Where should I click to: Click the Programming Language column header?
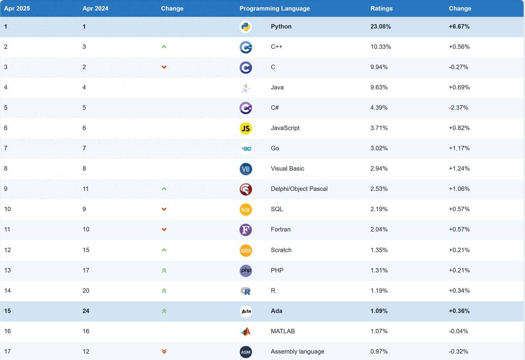point(274,8)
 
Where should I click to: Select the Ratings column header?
point(381,8)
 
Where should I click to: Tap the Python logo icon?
point(246,27)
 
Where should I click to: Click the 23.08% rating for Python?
point(381,26)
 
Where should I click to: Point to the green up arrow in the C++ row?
point(164,47)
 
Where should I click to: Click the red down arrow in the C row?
point(164,67)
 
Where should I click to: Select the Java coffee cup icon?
point(246,87)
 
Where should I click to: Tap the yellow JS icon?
point(246,128)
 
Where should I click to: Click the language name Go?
point(275,148)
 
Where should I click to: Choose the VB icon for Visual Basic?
point(246,169)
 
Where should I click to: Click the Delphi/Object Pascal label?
point(299,189)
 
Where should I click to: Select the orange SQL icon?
point(246,209)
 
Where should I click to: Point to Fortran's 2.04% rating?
point(379,229)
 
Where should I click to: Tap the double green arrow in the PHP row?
point(164,270)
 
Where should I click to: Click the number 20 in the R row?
point(86,291)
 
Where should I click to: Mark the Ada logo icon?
point(246,311)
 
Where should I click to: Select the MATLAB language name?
point(283,331)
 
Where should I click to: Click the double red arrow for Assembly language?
point(164,351)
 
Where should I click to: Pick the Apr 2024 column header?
point(95,8)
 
